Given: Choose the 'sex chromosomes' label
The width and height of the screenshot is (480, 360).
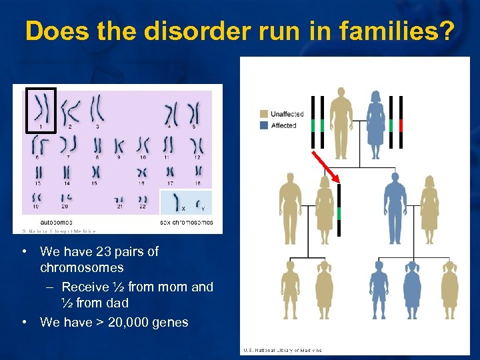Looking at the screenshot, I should coord(187,221).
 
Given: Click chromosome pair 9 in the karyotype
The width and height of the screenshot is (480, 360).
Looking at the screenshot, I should coord(119,145).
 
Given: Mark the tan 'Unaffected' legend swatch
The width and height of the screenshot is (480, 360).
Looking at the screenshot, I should coord(264,115).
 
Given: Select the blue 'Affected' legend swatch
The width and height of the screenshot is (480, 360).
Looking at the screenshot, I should coord(264,125).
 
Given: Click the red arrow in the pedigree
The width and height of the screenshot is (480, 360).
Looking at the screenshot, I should coord(325,165).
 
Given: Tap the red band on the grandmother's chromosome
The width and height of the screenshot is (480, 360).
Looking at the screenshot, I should coord(401,125).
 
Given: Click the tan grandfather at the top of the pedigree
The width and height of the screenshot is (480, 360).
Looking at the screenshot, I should coord(341,123).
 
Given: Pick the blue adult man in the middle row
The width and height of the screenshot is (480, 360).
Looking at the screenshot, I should coord(395,208).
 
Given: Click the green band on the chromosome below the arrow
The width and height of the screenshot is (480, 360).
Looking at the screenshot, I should coord(339,213).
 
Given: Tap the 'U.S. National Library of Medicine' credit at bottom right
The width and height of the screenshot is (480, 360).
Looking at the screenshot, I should coord(283,350).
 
